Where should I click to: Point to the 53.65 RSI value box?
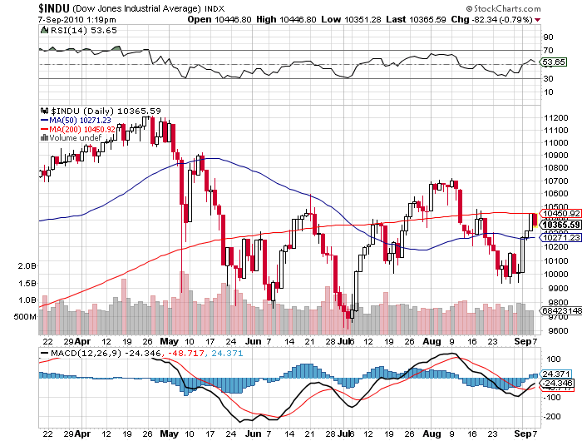click(x=554, y=62)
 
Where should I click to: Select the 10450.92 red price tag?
click(x=560, y=214)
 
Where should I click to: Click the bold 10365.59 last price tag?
click(x=560, y=225)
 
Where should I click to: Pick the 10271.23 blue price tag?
click(x=560, y=237)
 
